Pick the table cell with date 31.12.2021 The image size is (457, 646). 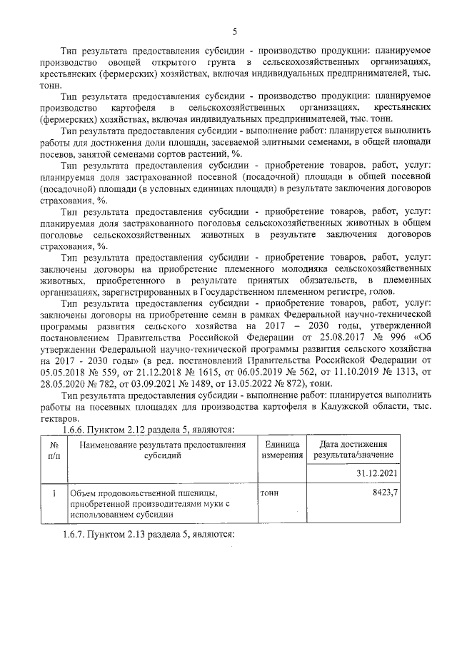pyautogui.click(x=376, y=473)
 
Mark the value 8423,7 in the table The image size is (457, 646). pyautogui.click(x=383, y=493)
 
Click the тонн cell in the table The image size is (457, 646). pyautogui.click(x=269, y=493)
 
